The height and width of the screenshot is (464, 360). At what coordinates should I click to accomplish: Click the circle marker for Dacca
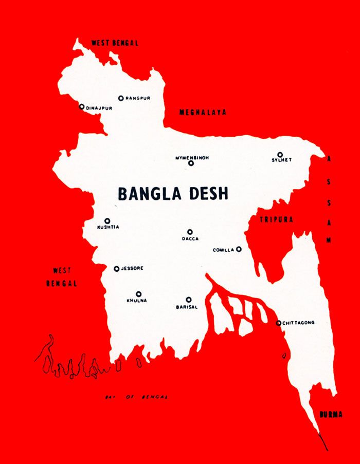pos(189,232)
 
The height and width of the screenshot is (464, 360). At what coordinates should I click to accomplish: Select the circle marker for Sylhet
pos(280,154)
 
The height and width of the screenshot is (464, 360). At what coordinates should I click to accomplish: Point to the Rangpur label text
pos(138,98)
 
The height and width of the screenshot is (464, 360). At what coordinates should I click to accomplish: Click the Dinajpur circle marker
pos(81,107)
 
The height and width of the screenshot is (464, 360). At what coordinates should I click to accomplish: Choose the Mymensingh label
pos(192,157)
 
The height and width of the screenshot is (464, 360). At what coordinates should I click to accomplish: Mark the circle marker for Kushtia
pos(107,220)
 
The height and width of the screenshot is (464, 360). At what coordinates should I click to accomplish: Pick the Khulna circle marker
pos(138,294)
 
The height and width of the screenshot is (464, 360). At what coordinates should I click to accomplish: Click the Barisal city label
pos(187,307)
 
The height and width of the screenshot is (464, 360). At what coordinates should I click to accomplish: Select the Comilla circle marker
pos(239,249)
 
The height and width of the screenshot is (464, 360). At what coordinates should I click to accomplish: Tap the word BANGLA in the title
pos(148,194)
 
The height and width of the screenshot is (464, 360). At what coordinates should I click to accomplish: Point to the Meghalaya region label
pos(203,112)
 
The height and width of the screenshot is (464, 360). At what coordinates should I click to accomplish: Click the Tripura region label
pos(276,219)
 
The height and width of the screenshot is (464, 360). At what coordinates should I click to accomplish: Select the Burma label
pos(331,414)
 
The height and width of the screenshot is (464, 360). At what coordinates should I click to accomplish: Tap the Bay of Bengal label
pos(136,397)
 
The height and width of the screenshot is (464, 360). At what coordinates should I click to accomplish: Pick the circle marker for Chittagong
pos(278,323)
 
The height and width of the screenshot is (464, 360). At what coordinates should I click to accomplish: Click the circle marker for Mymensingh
pos(191,163)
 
